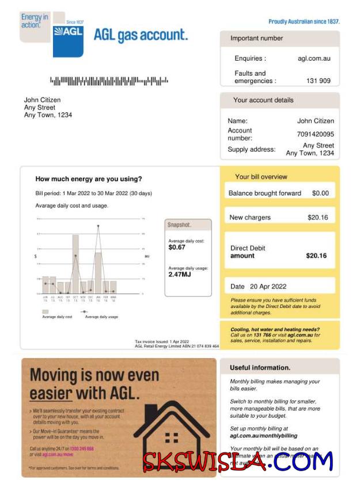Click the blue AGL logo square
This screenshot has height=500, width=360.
(x=68, y=40)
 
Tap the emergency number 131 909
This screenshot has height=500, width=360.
(x=318, y=81)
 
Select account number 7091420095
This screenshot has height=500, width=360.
(x=315, y=134)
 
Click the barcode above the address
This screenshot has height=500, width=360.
(x=109, y=81)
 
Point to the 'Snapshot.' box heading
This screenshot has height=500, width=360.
(x=179, y=225)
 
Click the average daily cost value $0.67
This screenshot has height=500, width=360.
(x=177, y=247)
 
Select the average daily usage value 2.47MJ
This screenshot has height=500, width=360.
(x=180, y=275)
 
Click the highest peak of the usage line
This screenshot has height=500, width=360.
(x=98, y=226)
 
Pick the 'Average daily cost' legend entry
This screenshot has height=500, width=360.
(x=57, y=317)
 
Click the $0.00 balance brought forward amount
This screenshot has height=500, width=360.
(x=320, y=193)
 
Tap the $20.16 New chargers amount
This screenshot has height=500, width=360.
(x=317, y=217)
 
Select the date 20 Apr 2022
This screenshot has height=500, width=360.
(x=268, y=287)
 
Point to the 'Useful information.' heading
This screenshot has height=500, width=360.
(x=260, y=367)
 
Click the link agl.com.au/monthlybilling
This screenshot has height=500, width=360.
(x=264, y=436)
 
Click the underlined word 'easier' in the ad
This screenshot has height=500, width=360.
(x=51, y=394)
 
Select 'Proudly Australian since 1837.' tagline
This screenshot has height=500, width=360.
(x=304, y=21)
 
